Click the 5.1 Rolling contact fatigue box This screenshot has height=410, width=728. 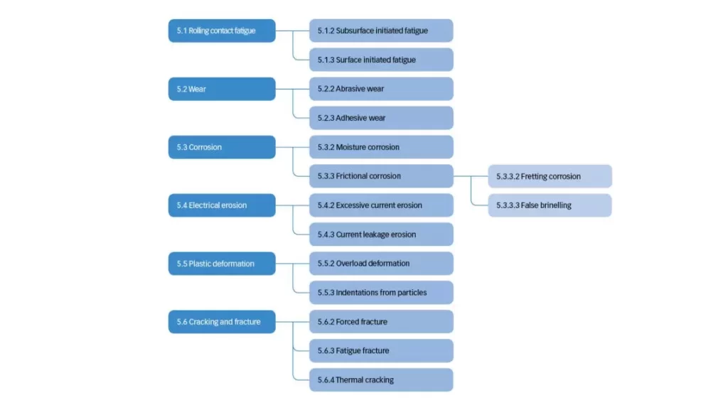point(222,31)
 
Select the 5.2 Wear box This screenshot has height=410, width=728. point(222,89)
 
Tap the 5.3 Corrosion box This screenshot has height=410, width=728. point(222,147)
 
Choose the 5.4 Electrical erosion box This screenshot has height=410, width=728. point(222,205)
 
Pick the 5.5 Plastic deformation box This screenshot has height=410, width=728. point(222,264)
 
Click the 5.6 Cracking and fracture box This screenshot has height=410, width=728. point(222,322)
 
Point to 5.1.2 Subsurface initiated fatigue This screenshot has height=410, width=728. point(381,31)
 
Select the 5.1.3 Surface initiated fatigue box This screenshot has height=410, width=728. point(381,60)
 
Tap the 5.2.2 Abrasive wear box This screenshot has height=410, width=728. point(381,89)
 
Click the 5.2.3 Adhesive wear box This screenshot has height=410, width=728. point(381,118)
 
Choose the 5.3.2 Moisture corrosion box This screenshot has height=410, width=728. point(381,147)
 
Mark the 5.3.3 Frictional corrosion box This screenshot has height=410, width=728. point(381,176)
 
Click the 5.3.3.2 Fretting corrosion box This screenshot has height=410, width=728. point(550,176)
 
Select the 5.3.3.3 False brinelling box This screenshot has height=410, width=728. point(550,205)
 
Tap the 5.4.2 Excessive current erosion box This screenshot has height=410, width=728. point(381,205)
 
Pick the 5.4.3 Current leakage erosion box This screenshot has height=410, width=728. point(381,234)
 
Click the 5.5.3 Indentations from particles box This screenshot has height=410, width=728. point(381,293)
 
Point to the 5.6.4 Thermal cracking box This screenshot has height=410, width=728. point(381,380)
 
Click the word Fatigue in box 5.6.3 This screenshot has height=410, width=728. point(348,350)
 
